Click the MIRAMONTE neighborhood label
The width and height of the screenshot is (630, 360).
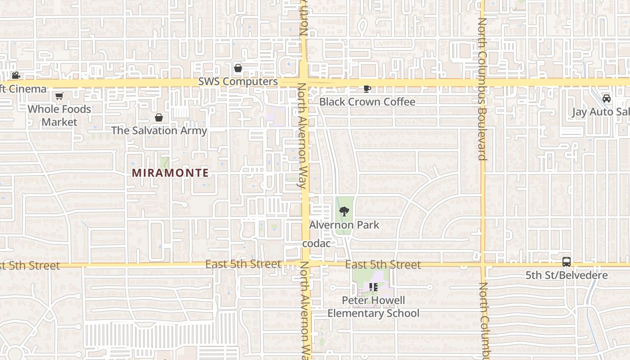pyautogui.click(x=170, y=173)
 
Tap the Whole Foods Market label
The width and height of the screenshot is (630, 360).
pyautogui.click(x=59, y=116)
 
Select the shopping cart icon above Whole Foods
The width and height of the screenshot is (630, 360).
pyautogui.click(x=59, y=96)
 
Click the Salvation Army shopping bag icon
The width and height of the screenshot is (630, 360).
pyautogui.click(x=159, y=117)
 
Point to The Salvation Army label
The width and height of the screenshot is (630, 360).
pyautogui.click(x=159, y=131)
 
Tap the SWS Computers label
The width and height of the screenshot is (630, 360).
pyautogui.click(x=238, y=81)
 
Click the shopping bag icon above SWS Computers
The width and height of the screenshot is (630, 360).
pyautogui.click(x=238, y=68)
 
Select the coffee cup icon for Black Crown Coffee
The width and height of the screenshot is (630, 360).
pyautogui.click(x=367, y=89)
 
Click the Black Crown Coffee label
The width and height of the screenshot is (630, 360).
pyautogui.click(x=367, y=102)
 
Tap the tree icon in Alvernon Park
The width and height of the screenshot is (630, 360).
pyautogui.click(x=344, y=211)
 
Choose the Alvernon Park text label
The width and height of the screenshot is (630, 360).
pyautogui.click(x=344, y=225)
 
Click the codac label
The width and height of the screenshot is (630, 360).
pyautogui.click(x=316, y=243)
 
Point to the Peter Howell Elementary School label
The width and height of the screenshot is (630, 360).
pyautogui.click(x=373, y=307)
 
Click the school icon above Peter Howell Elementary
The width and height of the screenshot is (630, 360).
pyautogui.click(x=373, y=287)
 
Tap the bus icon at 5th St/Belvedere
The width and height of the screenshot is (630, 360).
pyautogui.click(x=567, y=262)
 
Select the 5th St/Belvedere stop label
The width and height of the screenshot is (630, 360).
pyautogui.click(x=567, y=275)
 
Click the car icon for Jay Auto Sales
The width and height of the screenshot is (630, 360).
pyautogui.click(x=607, y=99)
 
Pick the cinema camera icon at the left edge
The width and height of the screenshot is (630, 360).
pyautogui.click(x=16, y=76)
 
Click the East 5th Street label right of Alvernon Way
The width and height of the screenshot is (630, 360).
pyautogui.click(x=383, y=265)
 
